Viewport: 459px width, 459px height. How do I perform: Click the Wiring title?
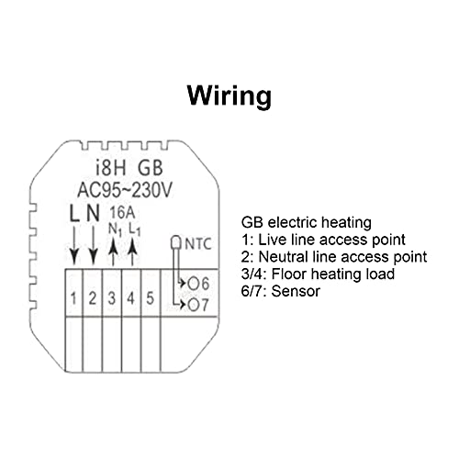tap(229, 95)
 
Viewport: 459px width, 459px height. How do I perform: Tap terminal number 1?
tap(73, 298)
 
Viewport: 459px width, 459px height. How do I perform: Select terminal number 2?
tap(93, 298)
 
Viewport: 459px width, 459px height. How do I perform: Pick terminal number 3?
tap(112, 298)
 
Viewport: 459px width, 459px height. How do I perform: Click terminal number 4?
tap(130, 298)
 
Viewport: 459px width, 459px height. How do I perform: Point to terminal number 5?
tap(150, 298)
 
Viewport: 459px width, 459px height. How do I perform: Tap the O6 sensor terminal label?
tap(198, 284)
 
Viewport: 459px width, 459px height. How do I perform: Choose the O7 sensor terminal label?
tap(198, 305)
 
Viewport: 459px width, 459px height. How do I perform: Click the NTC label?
tap(198, 244)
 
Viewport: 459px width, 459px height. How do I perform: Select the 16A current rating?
tap(122, 213)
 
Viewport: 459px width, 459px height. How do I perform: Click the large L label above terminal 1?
tap(74, 213)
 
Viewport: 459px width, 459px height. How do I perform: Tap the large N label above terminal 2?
tap(94, 213)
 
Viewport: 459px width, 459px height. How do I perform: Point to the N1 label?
tap(116, 229)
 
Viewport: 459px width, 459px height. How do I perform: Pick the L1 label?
tap(134, 229)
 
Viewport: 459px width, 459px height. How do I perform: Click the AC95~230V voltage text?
tap(125, 190)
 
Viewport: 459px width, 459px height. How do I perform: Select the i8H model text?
tap(110, 168)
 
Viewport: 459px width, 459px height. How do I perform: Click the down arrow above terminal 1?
tap(74, 245)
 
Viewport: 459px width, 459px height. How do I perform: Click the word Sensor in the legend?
tap(296, 291)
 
